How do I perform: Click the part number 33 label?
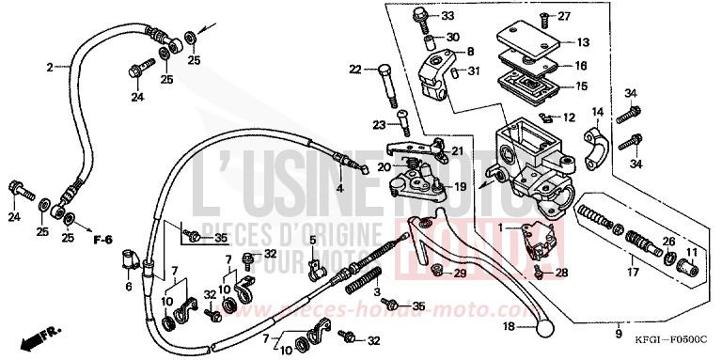(447, 16)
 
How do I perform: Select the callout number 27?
(564, 16)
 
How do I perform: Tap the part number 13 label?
(583, 41)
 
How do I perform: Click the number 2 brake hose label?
(49, 67)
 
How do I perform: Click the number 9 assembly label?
(618, 334)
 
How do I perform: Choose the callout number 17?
(634, 273)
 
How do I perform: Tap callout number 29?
(460, 274)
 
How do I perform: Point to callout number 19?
(461, 186)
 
